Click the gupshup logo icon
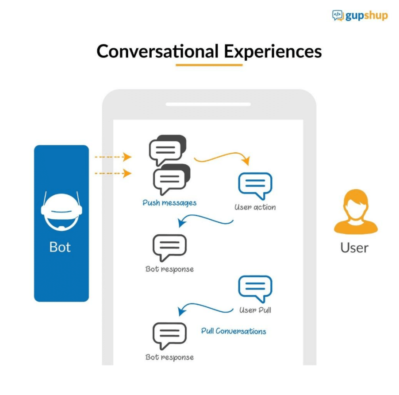coord(338,16)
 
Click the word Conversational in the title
coord(157,51)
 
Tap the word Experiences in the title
coord(272,51)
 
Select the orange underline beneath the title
coord(209,65)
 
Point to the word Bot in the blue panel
coord(60,247)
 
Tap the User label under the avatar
coord(354,248)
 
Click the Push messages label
coord(169,203)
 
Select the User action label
coord(255,207)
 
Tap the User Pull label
coord(255,310)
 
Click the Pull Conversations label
coord(234,331)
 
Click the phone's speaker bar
coord(208,105)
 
